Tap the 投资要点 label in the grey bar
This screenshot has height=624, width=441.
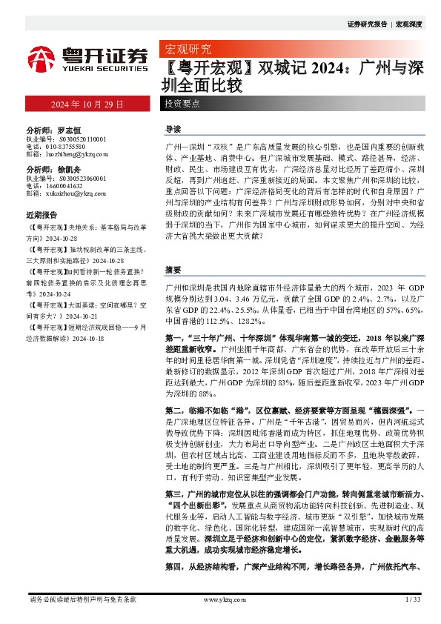(182, 104)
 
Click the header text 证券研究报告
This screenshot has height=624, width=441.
(367, 24)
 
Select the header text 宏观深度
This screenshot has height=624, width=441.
(408, 24)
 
